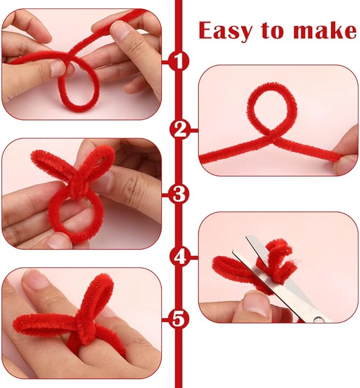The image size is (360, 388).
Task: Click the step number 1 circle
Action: point(179,61)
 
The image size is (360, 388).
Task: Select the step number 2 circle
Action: point(180,130)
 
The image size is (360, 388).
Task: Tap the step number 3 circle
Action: point(179,194)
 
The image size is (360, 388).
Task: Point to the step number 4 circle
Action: point(180,257)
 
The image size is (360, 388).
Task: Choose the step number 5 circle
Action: point(179,319)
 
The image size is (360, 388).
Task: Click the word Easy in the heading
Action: point(225,31)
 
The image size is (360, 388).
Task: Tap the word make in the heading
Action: point(325,30)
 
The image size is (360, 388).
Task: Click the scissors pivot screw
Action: point(319,319)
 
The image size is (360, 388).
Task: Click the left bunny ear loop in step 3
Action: point(51,164)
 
